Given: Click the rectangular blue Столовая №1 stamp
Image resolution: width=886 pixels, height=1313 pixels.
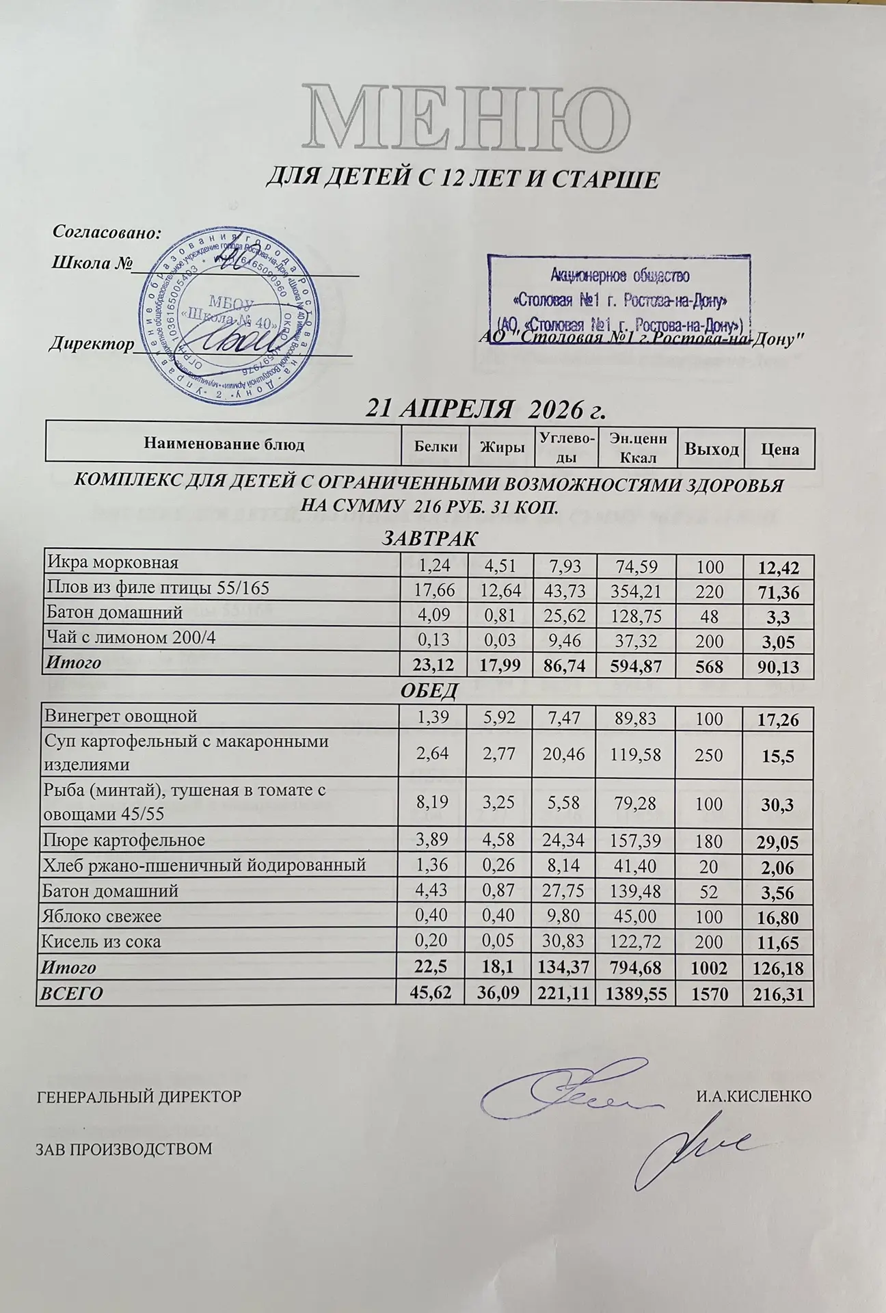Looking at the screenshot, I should [x=619, y=293].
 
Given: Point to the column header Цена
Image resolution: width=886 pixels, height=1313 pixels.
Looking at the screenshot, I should [x=779, y=449].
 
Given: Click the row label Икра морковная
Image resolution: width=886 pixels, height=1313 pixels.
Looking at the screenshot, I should [x=113, y=563].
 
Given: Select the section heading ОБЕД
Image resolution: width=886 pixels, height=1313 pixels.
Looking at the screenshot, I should [x=428, y=691].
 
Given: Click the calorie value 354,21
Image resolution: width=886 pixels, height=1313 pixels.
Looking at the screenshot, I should [x=636, y=589].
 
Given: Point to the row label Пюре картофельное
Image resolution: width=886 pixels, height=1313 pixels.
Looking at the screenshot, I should [x=124, y=839].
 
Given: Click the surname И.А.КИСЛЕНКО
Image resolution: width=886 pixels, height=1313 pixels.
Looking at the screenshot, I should [x=753, y=1097].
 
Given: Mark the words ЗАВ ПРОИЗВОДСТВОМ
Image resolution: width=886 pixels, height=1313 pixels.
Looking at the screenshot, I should [x=124, y=1149].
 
